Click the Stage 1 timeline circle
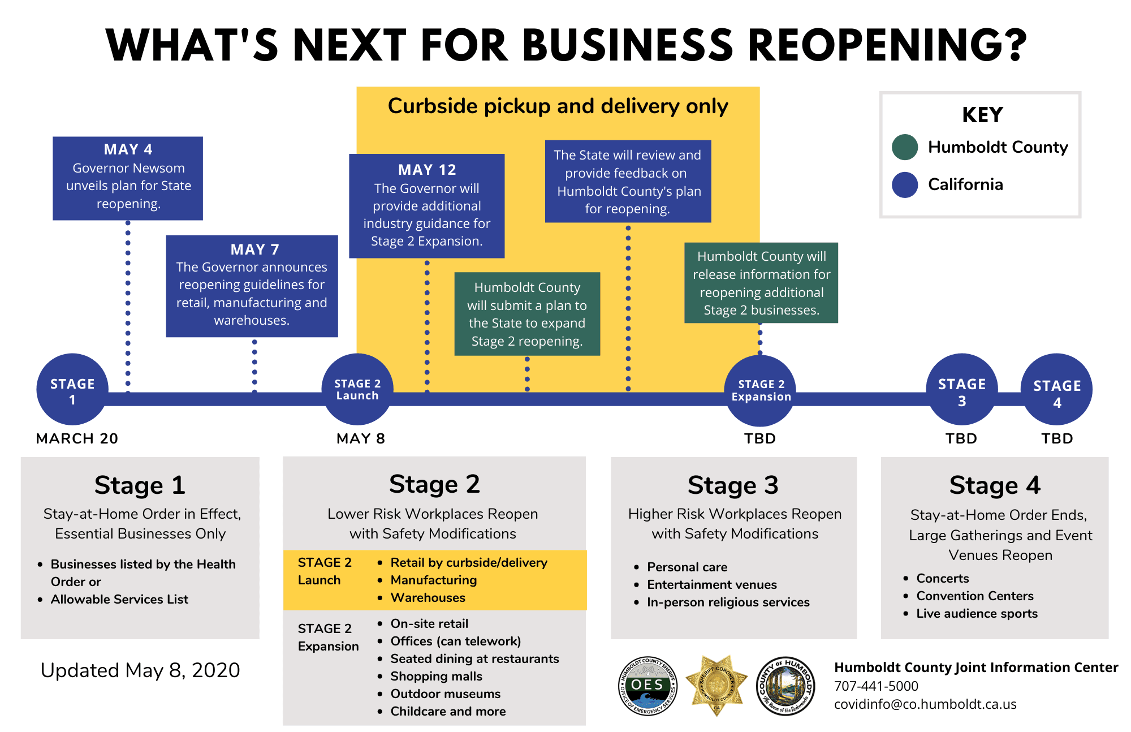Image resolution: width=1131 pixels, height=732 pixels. pos(72,389)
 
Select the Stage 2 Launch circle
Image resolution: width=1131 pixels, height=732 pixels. pos(357,389)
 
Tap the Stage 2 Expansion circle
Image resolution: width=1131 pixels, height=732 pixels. pos(760,390)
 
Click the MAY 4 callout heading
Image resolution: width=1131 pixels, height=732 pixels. pos(128,149)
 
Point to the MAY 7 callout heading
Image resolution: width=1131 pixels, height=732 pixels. pos(254,249)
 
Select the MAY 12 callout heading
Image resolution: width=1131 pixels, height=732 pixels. pos(427,170)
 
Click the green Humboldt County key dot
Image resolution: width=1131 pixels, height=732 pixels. pos(905,147)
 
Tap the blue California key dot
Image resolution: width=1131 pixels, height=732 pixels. pos(905,185)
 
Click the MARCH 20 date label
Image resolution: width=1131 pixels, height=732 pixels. pos(77,438)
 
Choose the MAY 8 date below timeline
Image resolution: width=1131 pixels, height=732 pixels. pos(360,438)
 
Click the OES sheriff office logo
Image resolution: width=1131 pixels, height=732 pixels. pos(647,686)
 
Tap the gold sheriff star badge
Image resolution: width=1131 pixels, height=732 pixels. pos(716,685)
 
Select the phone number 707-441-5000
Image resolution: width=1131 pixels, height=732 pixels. pos(876,686)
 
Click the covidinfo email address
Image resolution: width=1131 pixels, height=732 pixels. pos(925,704)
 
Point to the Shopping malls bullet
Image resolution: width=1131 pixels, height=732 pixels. pos(436,677)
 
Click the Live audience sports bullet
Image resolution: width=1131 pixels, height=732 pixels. pos(977,614)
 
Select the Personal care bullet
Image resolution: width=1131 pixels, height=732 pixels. pos(687,567)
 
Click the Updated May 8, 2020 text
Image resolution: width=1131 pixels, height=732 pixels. pos(140,670)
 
